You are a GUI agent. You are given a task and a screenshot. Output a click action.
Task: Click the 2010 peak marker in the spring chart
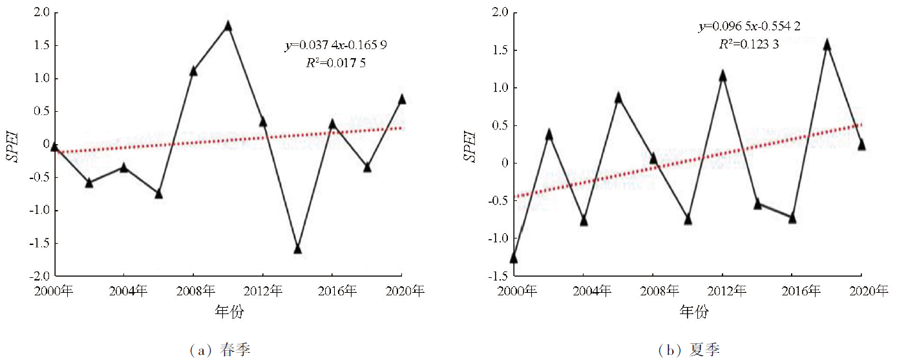(x=227, y=26)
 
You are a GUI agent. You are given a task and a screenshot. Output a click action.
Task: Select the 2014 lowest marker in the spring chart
(x=298, y=249)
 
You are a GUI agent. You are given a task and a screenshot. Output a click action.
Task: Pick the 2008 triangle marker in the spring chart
(x=193, y=71)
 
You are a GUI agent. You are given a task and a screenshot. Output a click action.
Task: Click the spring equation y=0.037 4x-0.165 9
(x=336, y=45)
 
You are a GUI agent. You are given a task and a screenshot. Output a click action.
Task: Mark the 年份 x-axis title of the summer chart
(x=694, y=312)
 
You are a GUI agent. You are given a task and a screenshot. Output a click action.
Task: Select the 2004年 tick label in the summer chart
(x=584, y=291)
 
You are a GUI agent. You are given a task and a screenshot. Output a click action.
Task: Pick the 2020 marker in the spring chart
(x=402, y=100)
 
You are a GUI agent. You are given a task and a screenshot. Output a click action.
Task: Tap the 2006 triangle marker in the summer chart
(x=618, y=98)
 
